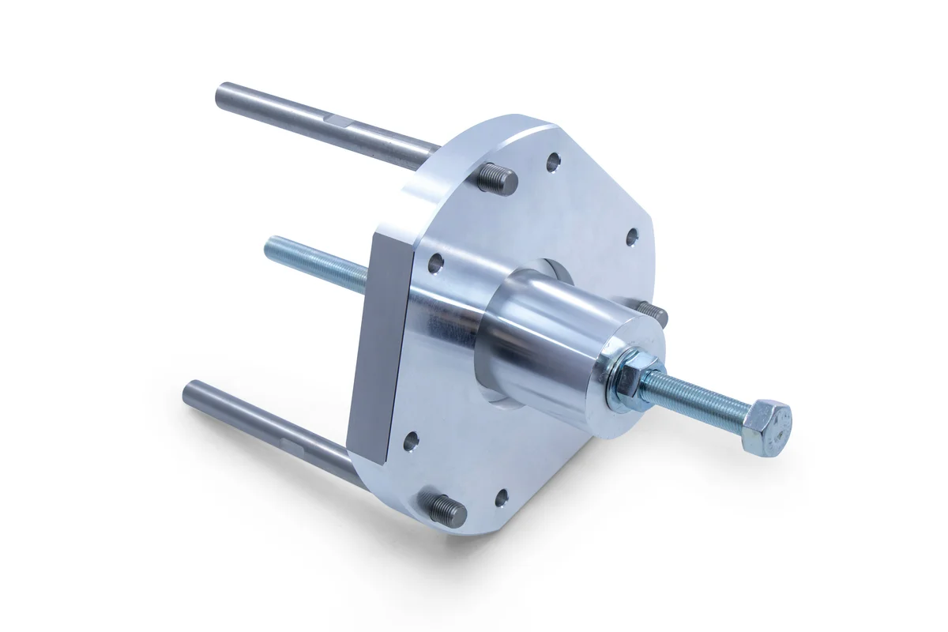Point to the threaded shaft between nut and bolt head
point(695,399)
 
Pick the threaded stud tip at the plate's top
point(497,178)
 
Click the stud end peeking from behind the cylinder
point(653,313)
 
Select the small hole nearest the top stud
point(553,163)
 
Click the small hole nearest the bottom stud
point(500,498)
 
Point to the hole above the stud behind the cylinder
point(632,236)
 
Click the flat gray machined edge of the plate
point(371,348)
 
